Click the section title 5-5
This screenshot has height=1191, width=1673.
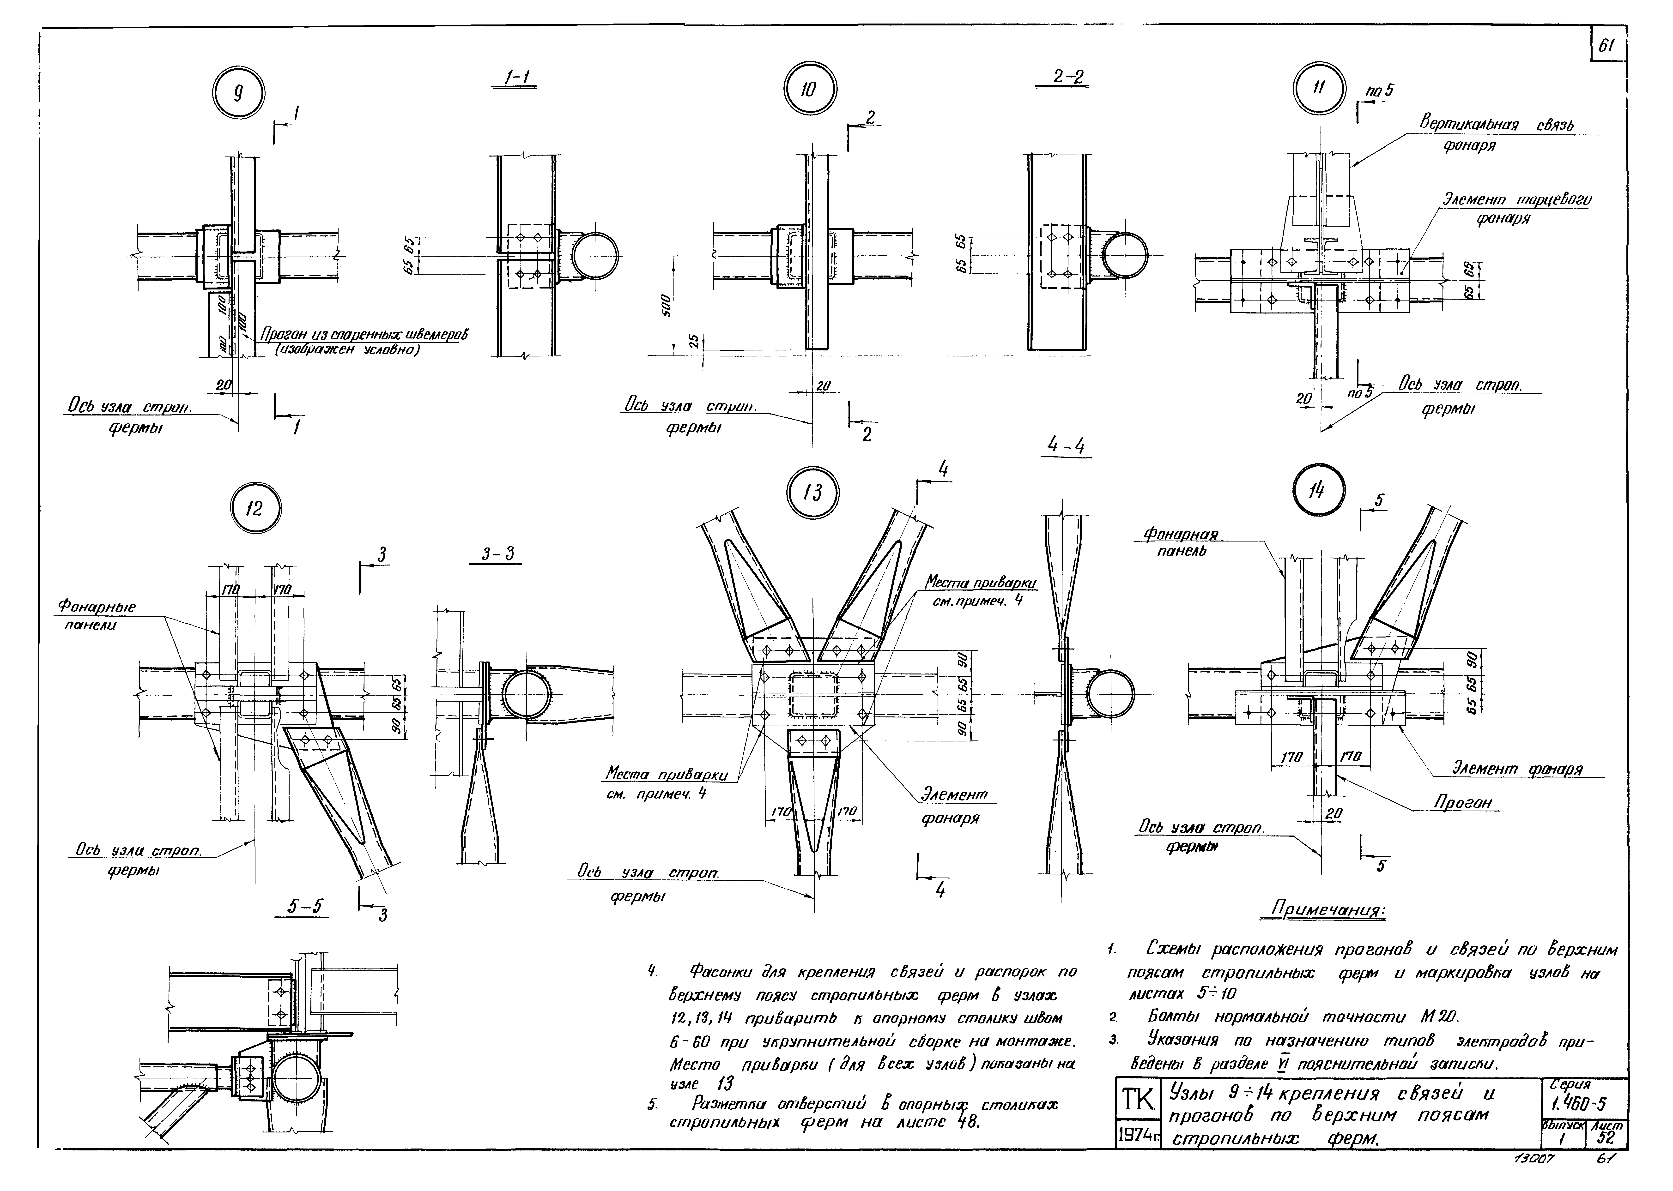[305, 906]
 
